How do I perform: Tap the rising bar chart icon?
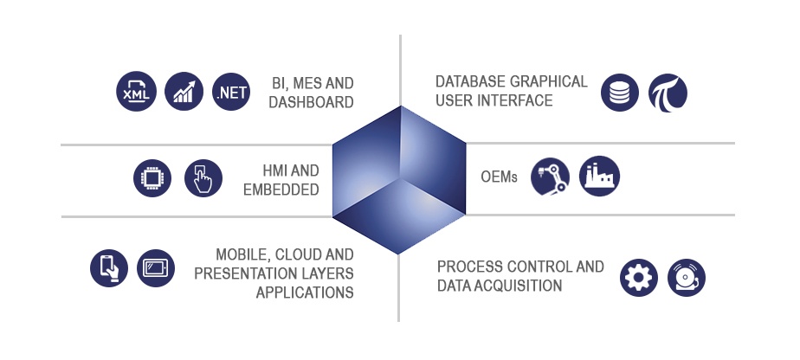(184, 91)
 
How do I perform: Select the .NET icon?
(231, 91)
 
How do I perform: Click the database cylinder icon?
(619, 93)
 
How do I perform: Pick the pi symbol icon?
(668, 93)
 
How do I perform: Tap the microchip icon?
(152, 179)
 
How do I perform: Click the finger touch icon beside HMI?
(203, 179)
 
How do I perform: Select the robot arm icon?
(550, 176)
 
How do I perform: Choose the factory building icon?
(599, 176)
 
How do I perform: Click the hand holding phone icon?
(109, 267)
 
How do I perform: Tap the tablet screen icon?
(157, 267)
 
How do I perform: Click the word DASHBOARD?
(311, 102)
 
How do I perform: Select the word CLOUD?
(293, 255)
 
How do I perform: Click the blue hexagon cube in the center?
(400, 179)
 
